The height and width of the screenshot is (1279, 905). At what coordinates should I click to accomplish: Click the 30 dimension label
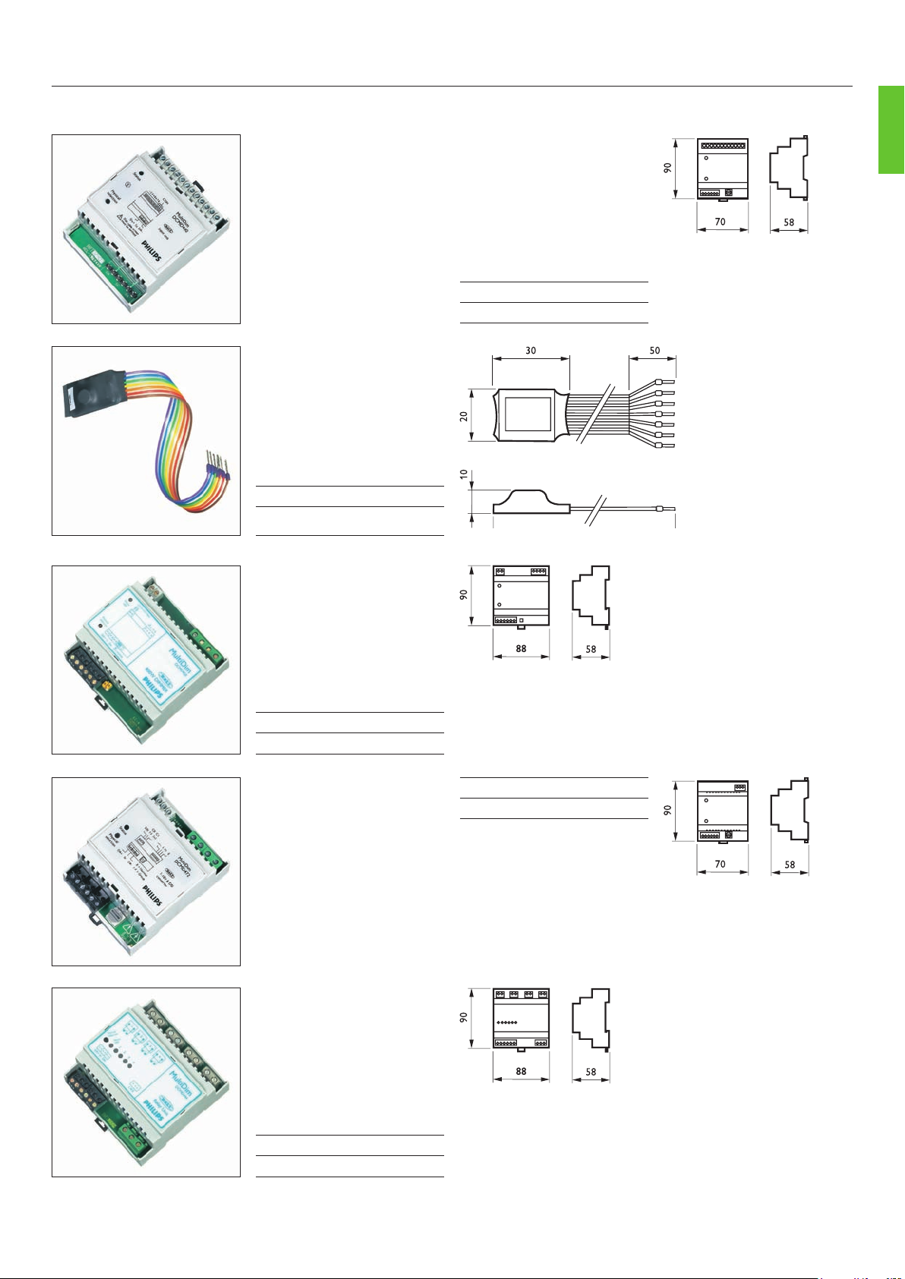[531, 351]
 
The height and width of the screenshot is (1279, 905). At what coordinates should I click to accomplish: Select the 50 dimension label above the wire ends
[654, 351]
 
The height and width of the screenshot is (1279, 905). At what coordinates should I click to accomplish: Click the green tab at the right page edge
[891, 131]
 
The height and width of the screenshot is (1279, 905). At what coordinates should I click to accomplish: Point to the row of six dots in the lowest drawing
[506, 1022]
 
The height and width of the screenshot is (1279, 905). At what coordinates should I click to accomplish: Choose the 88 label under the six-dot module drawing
[521, 1072]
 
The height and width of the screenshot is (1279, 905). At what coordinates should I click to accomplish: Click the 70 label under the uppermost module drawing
[720, 222]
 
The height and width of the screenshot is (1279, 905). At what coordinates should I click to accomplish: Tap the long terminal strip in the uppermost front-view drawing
[722, 145]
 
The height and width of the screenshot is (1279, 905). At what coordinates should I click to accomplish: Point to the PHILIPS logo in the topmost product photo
[150, 252]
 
